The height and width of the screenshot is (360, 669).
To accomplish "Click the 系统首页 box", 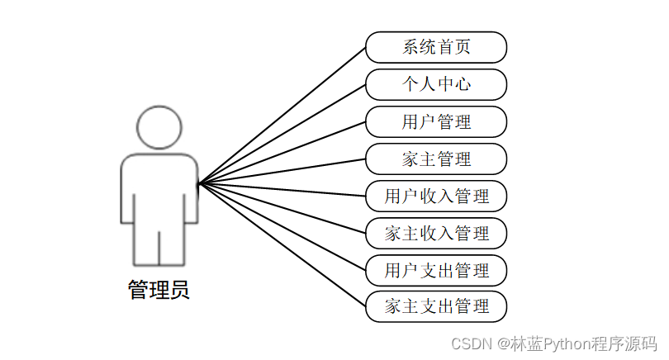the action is pyautogui.click(x=436, y=47).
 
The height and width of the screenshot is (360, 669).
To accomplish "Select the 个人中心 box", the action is pyautogui.click(x=436, y=84).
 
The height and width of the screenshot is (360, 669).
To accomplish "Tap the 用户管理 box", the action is pyautogui.click(x=436, y=122).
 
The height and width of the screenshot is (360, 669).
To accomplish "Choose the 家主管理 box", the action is pyautogui.click(x=436, y=159).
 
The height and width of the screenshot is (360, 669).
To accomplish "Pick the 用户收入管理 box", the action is pyautogui.click(x=436, y=197).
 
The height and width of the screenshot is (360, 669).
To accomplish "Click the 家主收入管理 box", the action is pyautogui.click(x=436, y=234).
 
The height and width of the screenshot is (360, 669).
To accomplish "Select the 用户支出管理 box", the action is pyautogui.click(x=436, y=270).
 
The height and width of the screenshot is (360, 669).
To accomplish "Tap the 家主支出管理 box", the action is pyautogui.click(x=436, y=307).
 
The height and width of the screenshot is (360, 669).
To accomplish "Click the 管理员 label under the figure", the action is pyautogui.click(x=159, y=291).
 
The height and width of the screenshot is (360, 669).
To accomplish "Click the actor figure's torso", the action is pyautogui.click(x=159, y=186).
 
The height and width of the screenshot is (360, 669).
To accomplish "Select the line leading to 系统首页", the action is pyautogui.click(x=282, y=114).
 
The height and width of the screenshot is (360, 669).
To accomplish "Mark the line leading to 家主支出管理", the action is pyautogui.click(x=282, y=245).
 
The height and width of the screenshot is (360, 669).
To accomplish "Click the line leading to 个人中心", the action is pyautogui.click(x=282, y=133).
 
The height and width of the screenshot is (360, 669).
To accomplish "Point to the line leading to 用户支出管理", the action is pyautogui.click(x=282, y=227).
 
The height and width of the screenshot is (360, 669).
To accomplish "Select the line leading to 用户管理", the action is pyautogui.click(x=282, y=152).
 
